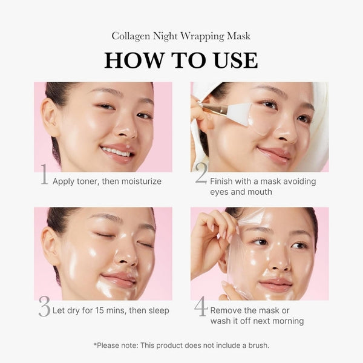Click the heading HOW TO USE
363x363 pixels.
click(x=181, y=60)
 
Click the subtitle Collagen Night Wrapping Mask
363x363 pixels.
click(x=181, y=36)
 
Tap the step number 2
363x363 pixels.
click(x=201, y=175)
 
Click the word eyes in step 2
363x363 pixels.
click(x=220, y=192)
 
